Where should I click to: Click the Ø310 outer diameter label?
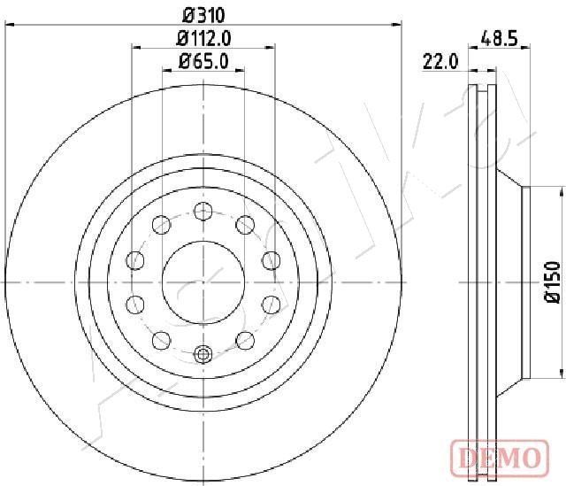point(203,15)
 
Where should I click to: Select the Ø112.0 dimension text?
point(203,38)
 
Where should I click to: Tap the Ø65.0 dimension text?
point(203,61)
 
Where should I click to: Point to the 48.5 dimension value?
point(499,38)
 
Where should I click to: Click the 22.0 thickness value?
point(440,62)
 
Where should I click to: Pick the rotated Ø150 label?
point(552,282)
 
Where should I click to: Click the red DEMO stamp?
point(500,458)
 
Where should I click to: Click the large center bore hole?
point(203,282)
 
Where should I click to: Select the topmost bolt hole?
point(203,211)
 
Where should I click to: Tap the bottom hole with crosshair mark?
point(203,354)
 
